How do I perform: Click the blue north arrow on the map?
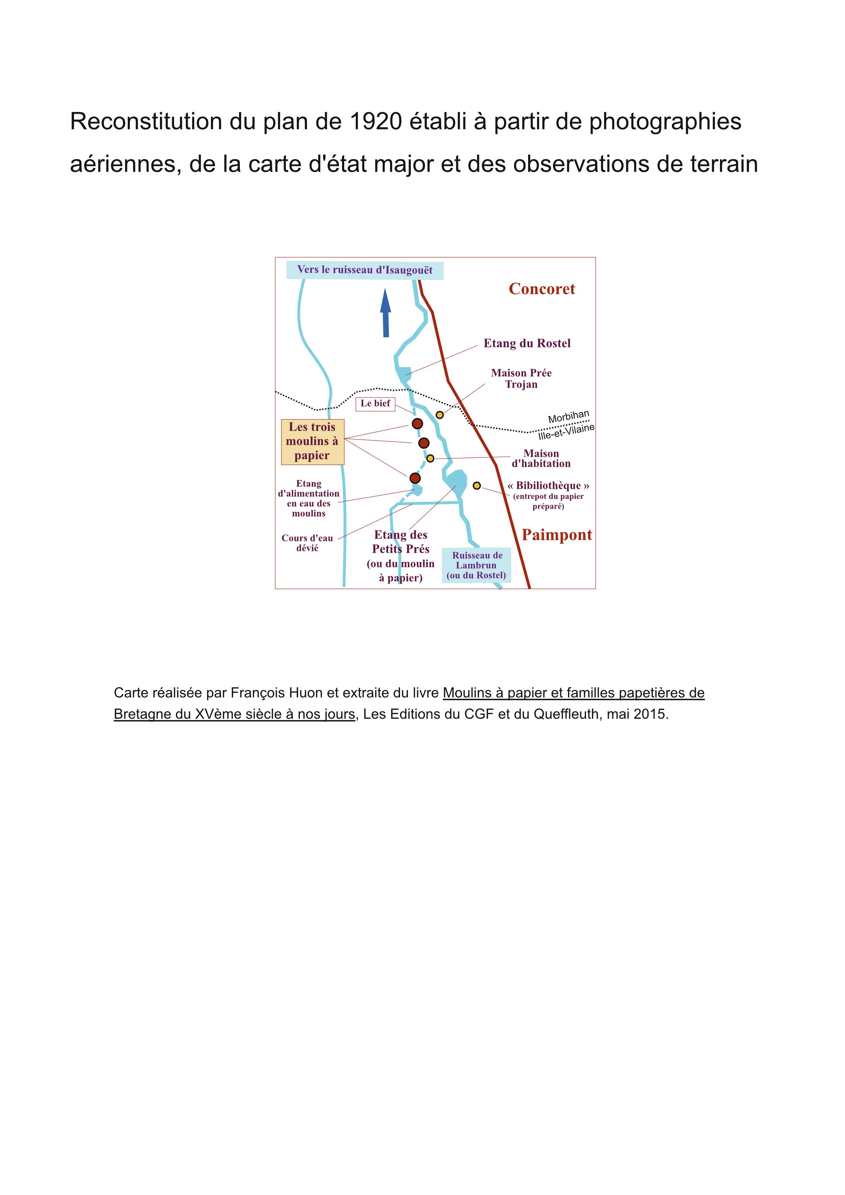pos(385,313)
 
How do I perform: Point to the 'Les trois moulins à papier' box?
pos(312,441)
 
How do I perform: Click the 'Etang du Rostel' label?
pos(527,343)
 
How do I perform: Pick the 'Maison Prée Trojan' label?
pos(521,378)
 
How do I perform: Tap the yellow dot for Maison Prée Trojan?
pos(440,415)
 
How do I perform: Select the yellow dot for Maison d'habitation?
pos(430,459)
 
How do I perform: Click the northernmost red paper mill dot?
pos(417,424)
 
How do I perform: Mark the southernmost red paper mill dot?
pos(415,478)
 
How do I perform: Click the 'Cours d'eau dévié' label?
pos(307,543)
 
